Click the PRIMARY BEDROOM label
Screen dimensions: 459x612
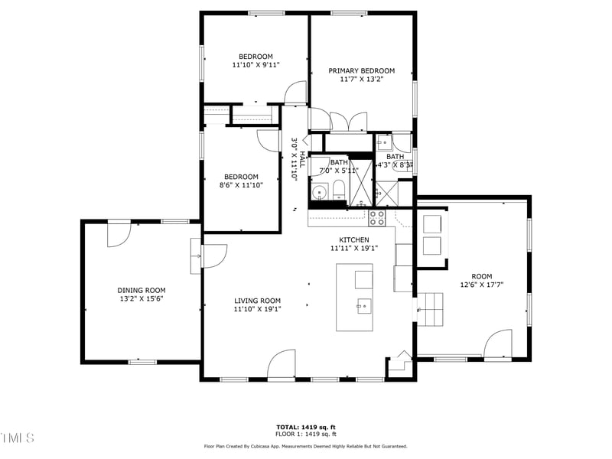click(361, 70)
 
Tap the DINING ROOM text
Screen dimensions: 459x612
click(141, 290)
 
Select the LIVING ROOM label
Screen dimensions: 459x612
click(257, 301)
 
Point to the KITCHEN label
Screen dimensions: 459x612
click(354, 239)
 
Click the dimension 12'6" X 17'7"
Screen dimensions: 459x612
click(481, 285)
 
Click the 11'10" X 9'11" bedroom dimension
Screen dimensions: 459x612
click(256, 66)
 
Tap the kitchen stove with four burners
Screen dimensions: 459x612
click(377, 218)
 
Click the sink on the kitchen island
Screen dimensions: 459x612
click(363, 306)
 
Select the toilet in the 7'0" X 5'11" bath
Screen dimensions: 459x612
click(340, 189)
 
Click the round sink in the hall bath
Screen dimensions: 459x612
click(318, 192)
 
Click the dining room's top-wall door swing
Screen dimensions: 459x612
click(120, 234)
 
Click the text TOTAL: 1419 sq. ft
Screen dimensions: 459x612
click(305, 427)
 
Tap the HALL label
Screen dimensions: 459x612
click(302, 159)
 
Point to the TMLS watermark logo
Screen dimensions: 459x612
click(18, 438)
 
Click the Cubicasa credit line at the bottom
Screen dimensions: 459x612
click(305, 446)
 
